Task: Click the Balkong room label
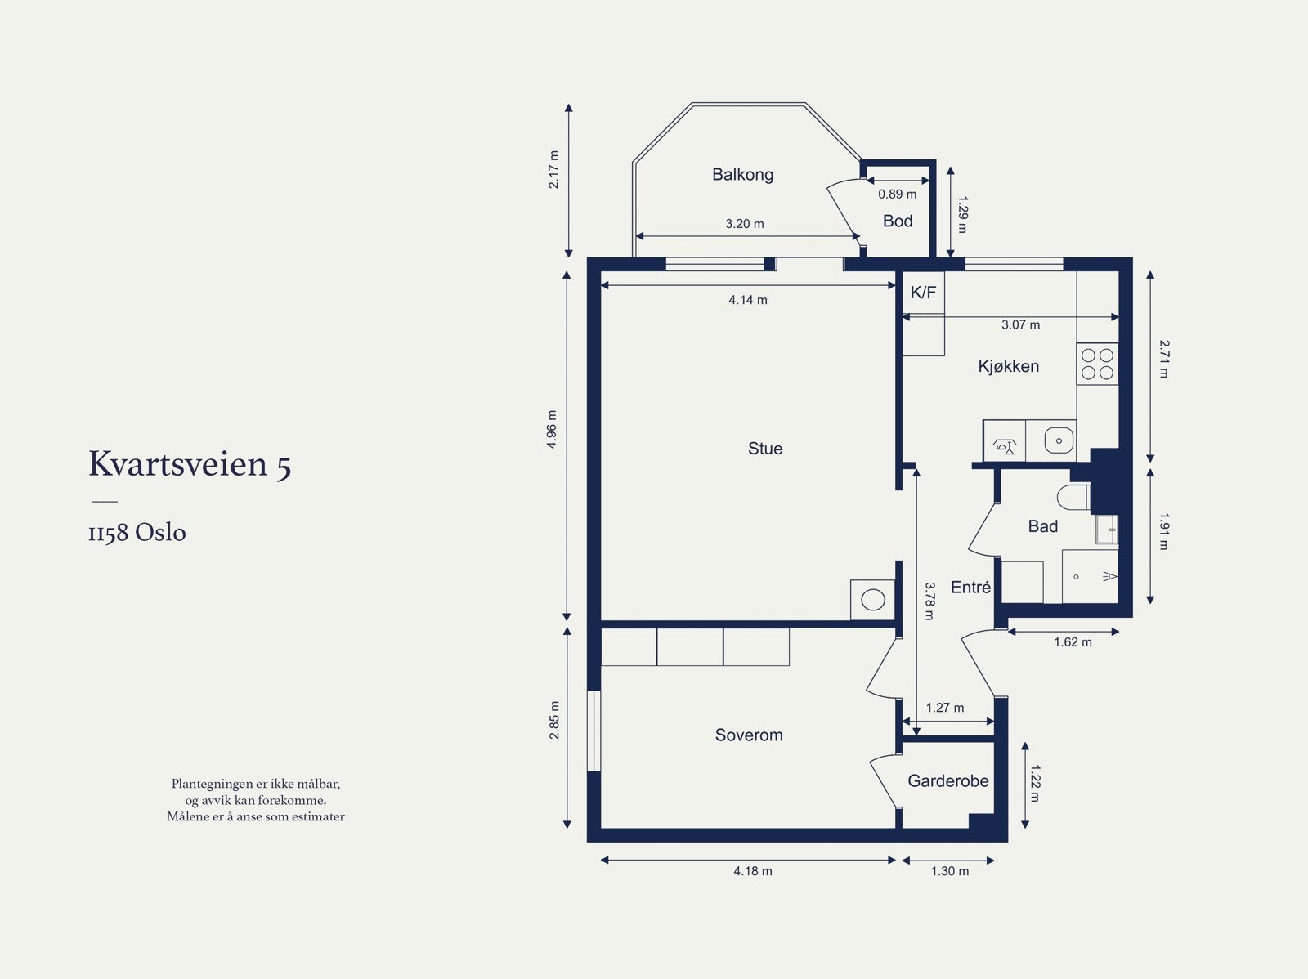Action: (x=742, y=175)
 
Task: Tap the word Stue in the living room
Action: (x=765, y=449)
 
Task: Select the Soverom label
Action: (x=749, y=735)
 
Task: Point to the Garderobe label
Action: (x=948, y=780)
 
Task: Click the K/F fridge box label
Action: (x=923, y=293)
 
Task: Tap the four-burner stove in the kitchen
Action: (x=1097, y=364)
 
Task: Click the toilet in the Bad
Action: (x=1074, y=497)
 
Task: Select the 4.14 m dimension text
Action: (x=748, y=300)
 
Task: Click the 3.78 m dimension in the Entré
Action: (x=929, y=601)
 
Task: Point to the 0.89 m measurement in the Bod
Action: (x=898, y=194)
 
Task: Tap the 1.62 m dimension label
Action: (x=1073, y=642)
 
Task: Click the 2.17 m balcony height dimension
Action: (x=553, y=170)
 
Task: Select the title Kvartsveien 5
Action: (x=190, y=464)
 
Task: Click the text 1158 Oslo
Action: (x=137, y=532)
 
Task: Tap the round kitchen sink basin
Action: (x=1059, y=440)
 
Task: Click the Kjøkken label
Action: (x=1008, y=366)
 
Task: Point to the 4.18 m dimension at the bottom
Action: (x=753, y=871)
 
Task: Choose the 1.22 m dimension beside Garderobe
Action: (x=1034, y=784)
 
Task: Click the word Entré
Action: (x=970, y=588)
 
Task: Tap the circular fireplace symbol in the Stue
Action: (x=873, y=600)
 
